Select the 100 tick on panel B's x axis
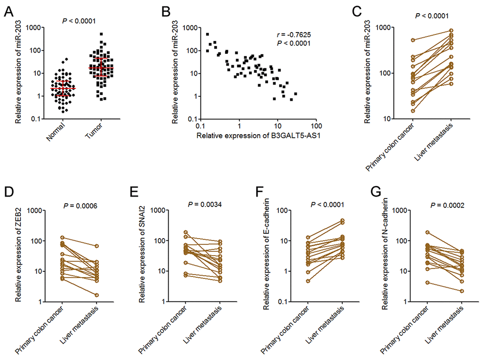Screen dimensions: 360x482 [x=316, y=127]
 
